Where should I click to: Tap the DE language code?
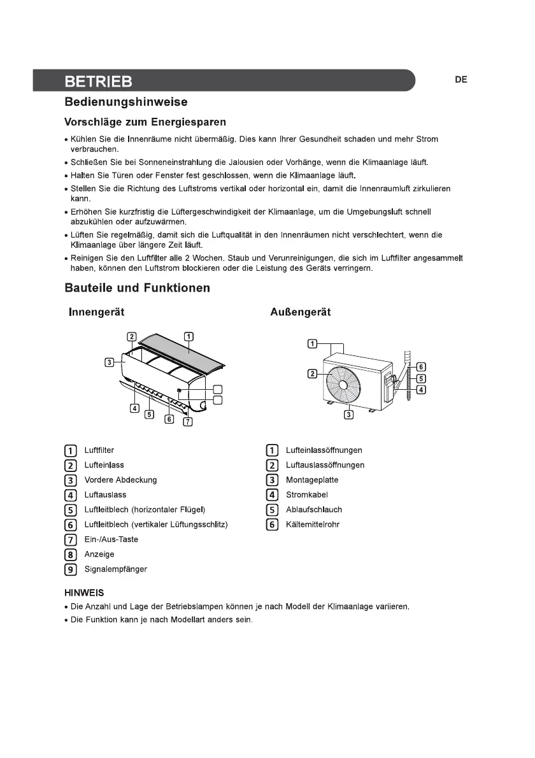[x=461, y=80]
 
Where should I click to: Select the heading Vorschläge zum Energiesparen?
[x=145, y=122]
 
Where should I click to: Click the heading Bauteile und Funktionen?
[x=137, y=288]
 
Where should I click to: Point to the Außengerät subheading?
[x=301, y=312]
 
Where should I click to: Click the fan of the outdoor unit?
[x=341, y=383]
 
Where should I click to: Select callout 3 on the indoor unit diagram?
[x=110, y=362]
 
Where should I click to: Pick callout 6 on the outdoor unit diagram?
[x=421, y=367]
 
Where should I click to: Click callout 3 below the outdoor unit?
[x=349, y=415]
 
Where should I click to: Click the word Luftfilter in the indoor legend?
[x=99, y=450]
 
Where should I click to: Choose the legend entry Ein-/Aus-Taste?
[x=111, y=540]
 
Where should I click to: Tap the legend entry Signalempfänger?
[x=115, y=569]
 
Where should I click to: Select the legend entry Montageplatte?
[x=312, y=480]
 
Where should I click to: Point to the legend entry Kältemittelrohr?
[x=314, y=524]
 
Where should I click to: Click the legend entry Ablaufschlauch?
[x=314, y=510]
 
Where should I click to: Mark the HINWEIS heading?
[x=84, y=593]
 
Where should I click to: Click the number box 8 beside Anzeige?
[x=71, y=554]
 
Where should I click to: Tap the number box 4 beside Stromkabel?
[x=273, y=495]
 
